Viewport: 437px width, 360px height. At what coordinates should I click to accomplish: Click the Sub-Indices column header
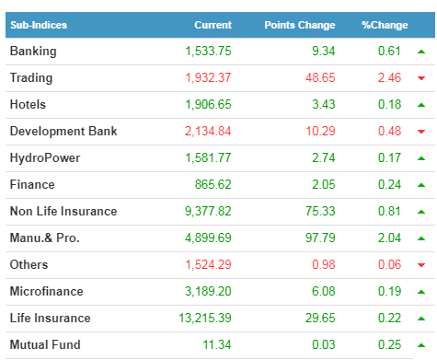[x=39, y=25]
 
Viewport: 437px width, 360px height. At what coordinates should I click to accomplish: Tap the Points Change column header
[x=300, y=25]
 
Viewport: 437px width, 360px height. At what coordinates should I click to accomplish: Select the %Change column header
[x=385, y=25]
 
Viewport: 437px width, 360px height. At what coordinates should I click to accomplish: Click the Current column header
[x=213, y=25]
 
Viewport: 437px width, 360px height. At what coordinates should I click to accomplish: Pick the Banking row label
[x=33, y=52]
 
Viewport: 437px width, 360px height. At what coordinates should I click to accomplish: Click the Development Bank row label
[x=63, y=131]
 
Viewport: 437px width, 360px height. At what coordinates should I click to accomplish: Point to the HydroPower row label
[x=45, y=158]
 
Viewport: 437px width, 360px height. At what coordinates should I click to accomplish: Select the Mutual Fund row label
[x=45, y=344]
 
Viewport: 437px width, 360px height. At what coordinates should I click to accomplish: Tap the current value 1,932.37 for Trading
[x=208, y=77]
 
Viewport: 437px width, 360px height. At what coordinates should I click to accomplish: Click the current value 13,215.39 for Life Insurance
[x=205, y=318]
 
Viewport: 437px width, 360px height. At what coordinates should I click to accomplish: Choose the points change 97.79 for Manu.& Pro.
[x=320, y=238]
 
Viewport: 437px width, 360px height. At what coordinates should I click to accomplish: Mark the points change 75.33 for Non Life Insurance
[x=320, y=211]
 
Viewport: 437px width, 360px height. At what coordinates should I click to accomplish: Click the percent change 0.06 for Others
[x=389, y=264]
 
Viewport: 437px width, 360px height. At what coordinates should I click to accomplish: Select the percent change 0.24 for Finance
[x=389, y=184]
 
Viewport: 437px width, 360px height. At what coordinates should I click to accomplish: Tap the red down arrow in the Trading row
[x=421, y=78]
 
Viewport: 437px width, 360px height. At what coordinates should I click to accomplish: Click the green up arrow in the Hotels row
[x=421, y=105]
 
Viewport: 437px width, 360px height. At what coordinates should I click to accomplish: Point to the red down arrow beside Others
[x=421, y=265]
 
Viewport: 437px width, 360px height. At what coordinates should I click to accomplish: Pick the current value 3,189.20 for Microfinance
[x=208, y=291]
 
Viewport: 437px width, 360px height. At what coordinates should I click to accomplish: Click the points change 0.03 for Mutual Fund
[x=324, y=344]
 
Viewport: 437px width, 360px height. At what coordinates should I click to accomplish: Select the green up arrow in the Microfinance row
[x=421, y=292]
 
